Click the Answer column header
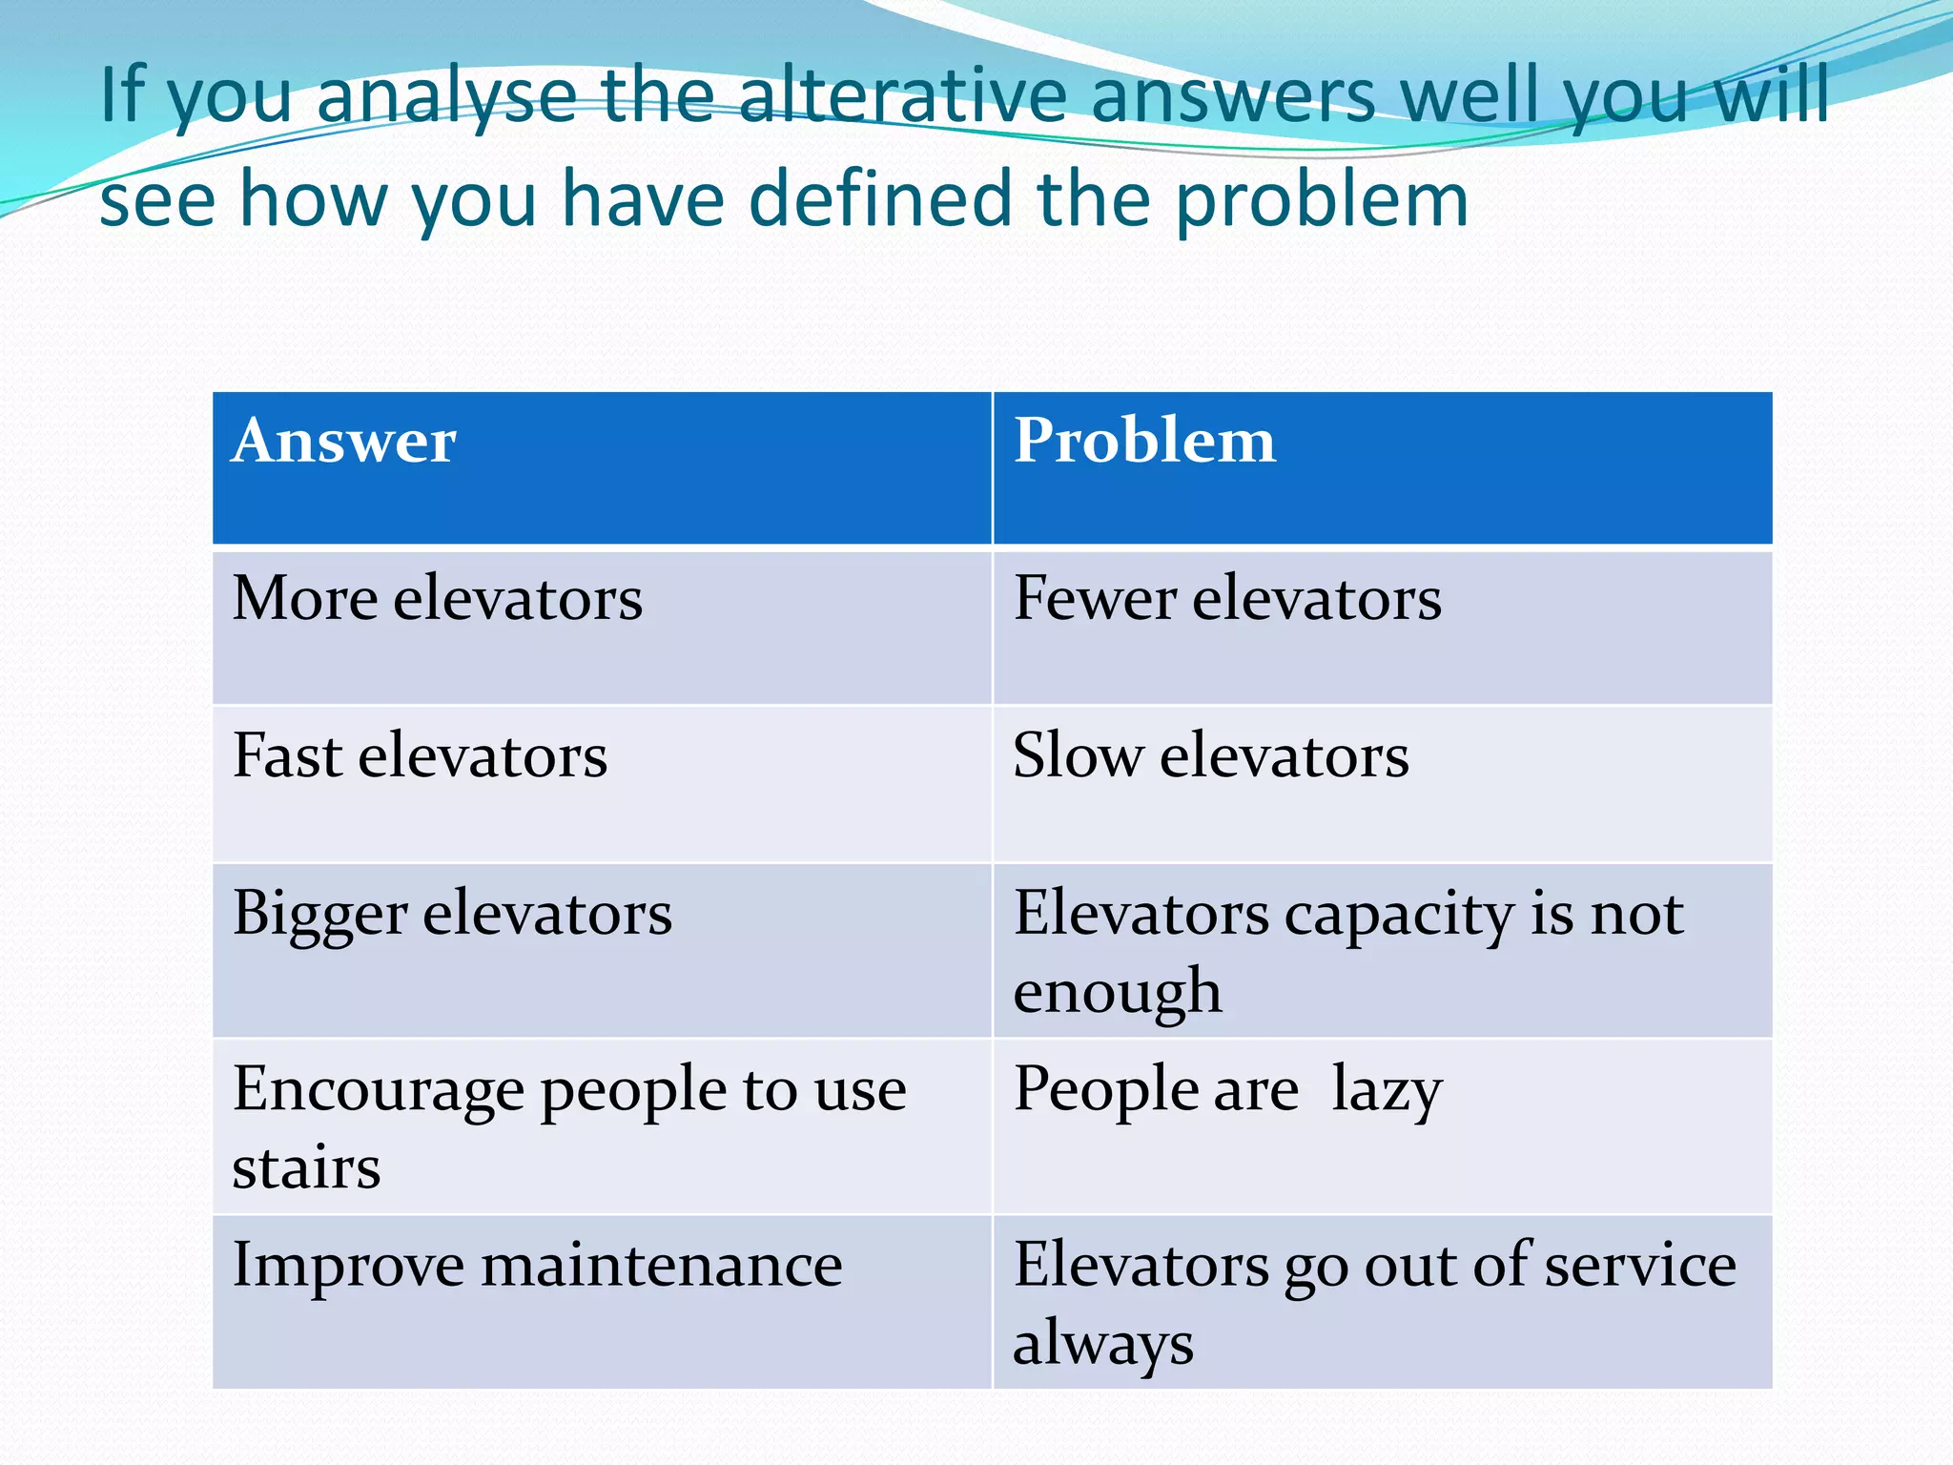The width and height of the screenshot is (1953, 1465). pyautogui.click(x=344, y=442)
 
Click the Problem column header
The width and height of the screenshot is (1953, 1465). pyautogui.click(x=1143, y=442)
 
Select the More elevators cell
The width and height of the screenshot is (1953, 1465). pyautogui.click(x=438, y=599)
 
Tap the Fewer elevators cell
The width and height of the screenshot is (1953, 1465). pyautogui.click(x=1227, y=599)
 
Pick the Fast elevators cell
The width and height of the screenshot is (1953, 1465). pyautogui.click(x=420, y=756)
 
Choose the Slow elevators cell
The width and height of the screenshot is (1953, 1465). pyautogui.click(x=1210, y=756)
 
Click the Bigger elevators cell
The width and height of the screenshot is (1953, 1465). pyautogui.click(x=452, y=914)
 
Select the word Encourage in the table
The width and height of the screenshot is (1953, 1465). pyautogui.click(x=379, y=1091)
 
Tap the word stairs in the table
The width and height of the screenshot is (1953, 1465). pyautogui.click(x=306, y=1167)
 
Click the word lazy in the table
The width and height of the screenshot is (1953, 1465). pyautogui.click(x=1387, y=1091)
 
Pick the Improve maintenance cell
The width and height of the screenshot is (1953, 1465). pyautogui.click(x=537, y=1266)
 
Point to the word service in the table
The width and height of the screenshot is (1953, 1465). pyautogui.click(x=1640, y=1266)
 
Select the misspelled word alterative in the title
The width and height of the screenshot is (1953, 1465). pyautogui.click(x=902, y=95)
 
